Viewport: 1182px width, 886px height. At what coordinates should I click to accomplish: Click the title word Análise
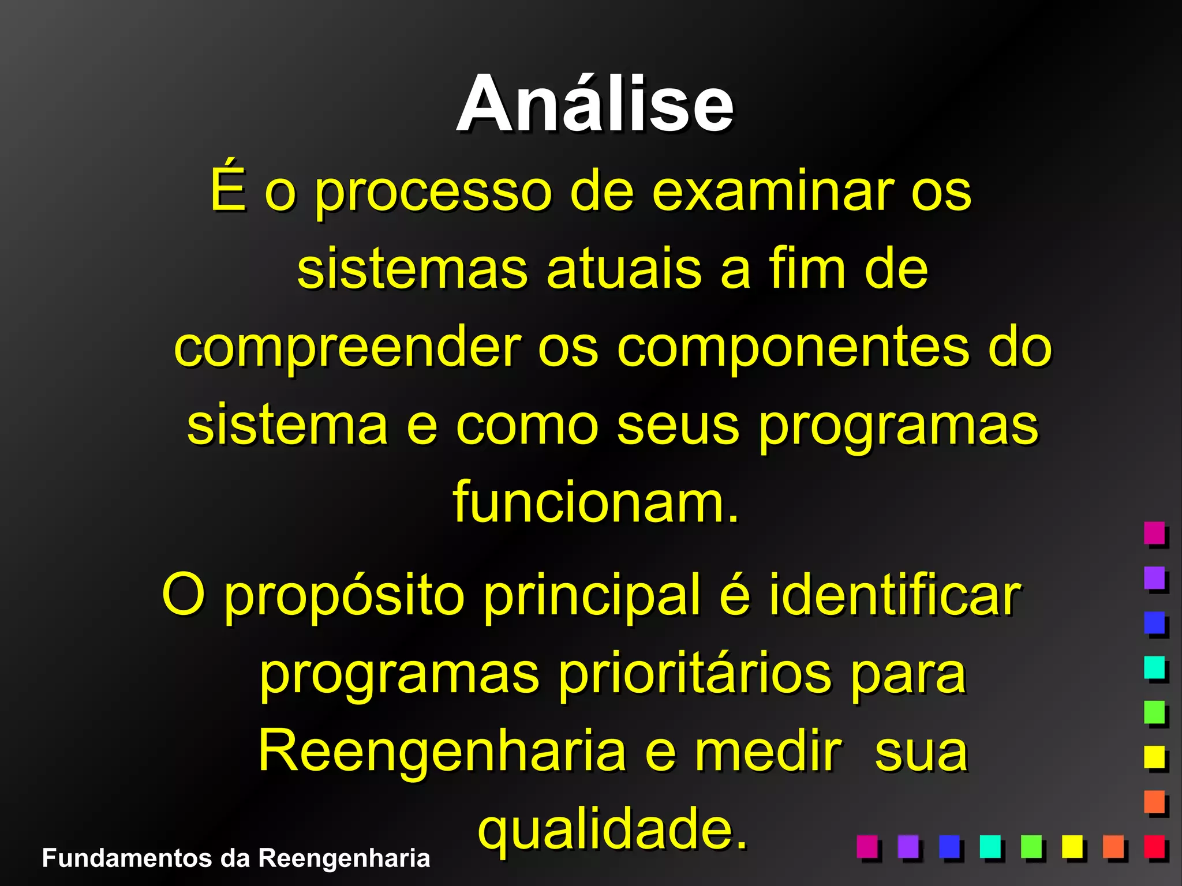(595, 104)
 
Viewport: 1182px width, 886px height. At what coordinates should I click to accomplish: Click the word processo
(433, 193)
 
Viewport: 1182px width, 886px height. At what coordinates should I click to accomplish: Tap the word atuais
(624, 269)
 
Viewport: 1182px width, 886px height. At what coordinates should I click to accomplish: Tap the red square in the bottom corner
(1154, 847)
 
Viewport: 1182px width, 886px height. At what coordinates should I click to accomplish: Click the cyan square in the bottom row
(990, 847)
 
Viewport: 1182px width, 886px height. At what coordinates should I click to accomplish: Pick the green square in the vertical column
(1154, 712)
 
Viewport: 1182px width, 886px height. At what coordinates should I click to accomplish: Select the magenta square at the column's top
(1154, 532)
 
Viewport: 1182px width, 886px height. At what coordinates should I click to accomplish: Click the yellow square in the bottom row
(1072, 847)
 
